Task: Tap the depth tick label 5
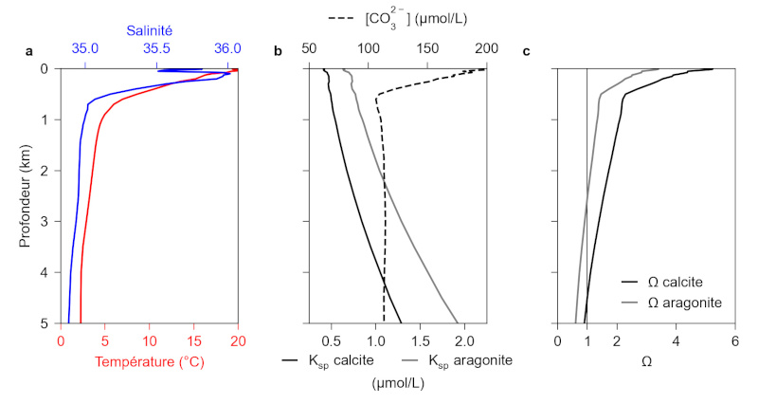coord(46,323)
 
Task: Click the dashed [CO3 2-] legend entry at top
coord(398,19)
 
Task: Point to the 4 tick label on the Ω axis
coord(676,339)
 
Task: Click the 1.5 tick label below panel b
coord(421,339)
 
